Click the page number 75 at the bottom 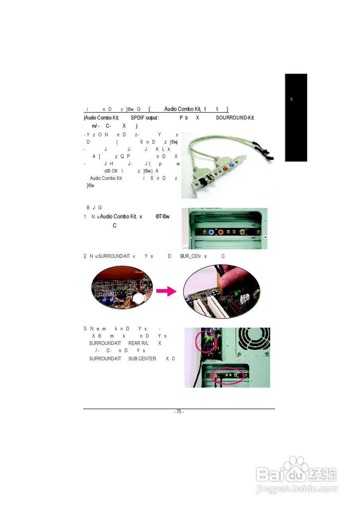179,412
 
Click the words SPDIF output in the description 145,118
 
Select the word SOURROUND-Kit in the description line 235,118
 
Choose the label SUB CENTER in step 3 142,359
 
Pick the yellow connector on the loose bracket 213,179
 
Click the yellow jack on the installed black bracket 242,232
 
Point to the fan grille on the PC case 253,341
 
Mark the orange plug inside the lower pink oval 215,375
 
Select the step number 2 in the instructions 85,256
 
